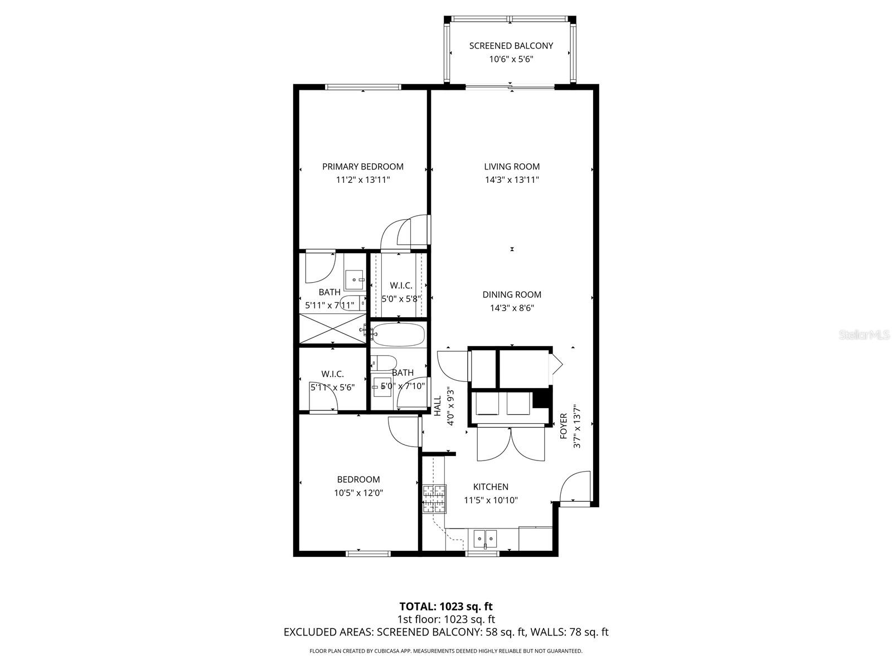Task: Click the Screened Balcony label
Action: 511,46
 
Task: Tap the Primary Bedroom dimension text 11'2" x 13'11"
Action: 362,180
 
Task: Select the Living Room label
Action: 511,166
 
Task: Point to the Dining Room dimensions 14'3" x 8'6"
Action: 511,308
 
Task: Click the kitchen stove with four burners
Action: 434,499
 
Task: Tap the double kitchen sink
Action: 485,539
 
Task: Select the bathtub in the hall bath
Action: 399,335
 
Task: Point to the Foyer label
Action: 564,425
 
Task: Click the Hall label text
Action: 438,405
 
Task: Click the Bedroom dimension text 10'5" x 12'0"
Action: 358,493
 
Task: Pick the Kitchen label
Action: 491,487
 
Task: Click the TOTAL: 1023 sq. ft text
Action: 446,606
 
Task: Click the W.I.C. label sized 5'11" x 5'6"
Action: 332,374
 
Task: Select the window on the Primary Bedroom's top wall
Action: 363,87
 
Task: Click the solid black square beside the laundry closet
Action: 539,400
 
